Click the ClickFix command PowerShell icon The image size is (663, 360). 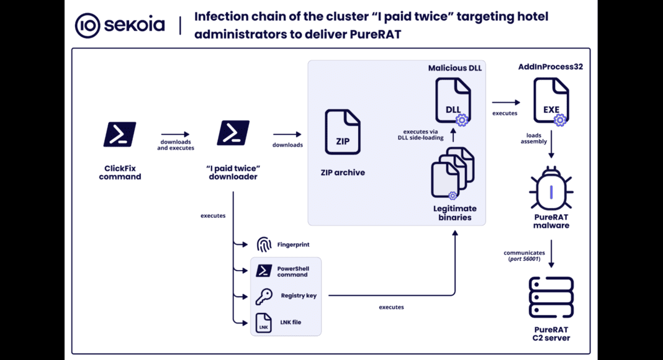tap(120, 134)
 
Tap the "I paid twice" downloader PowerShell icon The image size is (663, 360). tap(233, 133)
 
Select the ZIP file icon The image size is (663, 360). tap(343, 132)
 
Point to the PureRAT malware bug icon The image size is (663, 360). tap(551, 188)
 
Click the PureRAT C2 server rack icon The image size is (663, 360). tap(551, 297)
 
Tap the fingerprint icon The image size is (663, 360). tap(264, 245)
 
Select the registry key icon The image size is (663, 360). tap(264, 296)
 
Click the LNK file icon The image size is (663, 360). tap(264, 323)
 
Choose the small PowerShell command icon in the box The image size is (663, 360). tap(264, 271)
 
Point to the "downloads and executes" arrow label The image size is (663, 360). tap(176, 145)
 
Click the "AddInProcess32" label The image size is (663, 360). tap(551, 66)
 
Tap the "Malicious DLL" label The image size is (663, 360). tap(455, 68)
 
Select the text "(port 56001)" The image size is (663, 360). tap(525, 259)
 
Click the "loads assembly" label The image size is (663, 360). tap(534, 138)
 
